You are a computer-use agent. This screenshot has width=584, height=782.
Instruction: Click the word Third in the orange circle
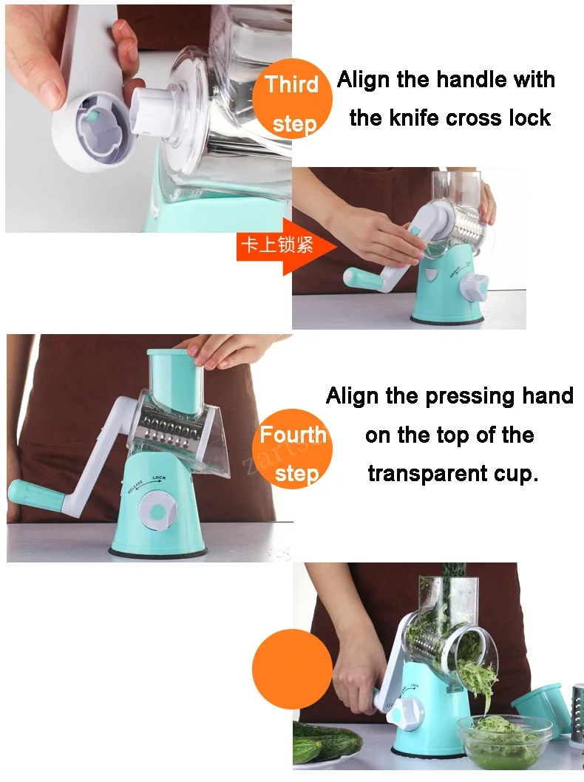(x=292, y=84)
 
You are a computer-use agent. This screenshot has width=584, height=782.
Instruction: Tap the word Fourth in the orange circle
(x=293, y=435)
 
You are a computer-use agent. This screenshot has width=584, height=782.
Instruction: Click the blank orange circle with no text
(x=292, y=669)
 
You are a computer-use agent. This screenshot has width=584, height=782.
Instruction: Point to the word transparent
(x=427, y=474)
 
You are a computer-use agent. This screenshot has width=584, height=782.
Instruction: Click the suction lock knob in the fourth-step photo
(x=157, y=512)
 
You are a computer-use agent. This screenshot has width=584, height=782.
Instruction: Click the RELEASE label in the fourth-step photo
(x=135, y=486)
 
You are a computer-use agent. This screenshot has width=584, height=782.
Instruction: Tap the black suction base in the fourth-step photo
(x=158, y=552)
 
